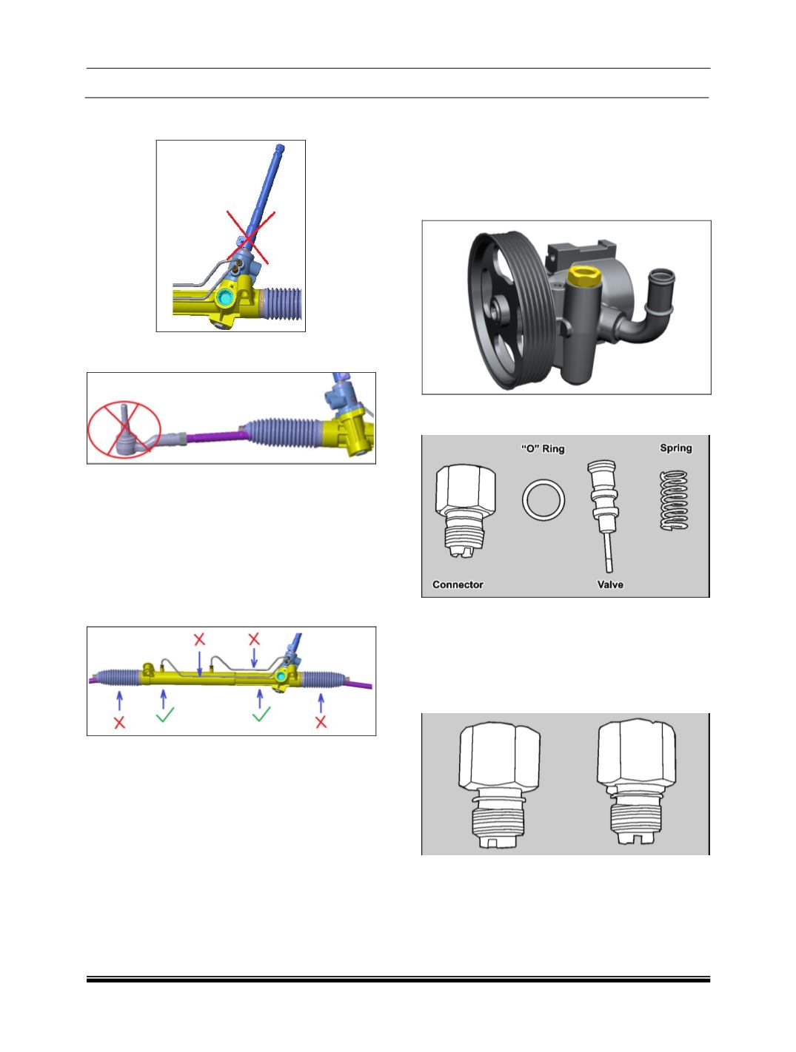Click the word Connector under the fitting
pyautogui.click(x=458, y=584)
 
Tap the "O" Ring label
pyautogui.click(x=543, y=448)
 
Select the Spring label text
pyautogui.click(x=675, y=448)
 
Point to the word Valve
pyautogui.click(x=610, y=584)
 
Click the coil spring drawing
pyautogui.click(x=675, y=500)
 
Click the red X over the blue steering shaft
pyautogui.click(x=251, y=237)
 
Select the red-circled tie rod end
pyautogui.click(x=124, y=429)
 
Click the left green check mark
pyautogui.click(x=165, y=714)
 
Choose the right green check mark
pyautogui.click(x=261, y=714)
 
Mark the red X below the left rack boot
pyautogui.click(x=119, y=722)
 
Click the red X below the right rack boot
pyautogui.click(x=321, y=722)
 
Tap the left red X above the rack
pyautogui.click(x=199, y=639)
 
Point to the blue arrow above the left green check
pyautogui.click(x=164, y=698)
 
